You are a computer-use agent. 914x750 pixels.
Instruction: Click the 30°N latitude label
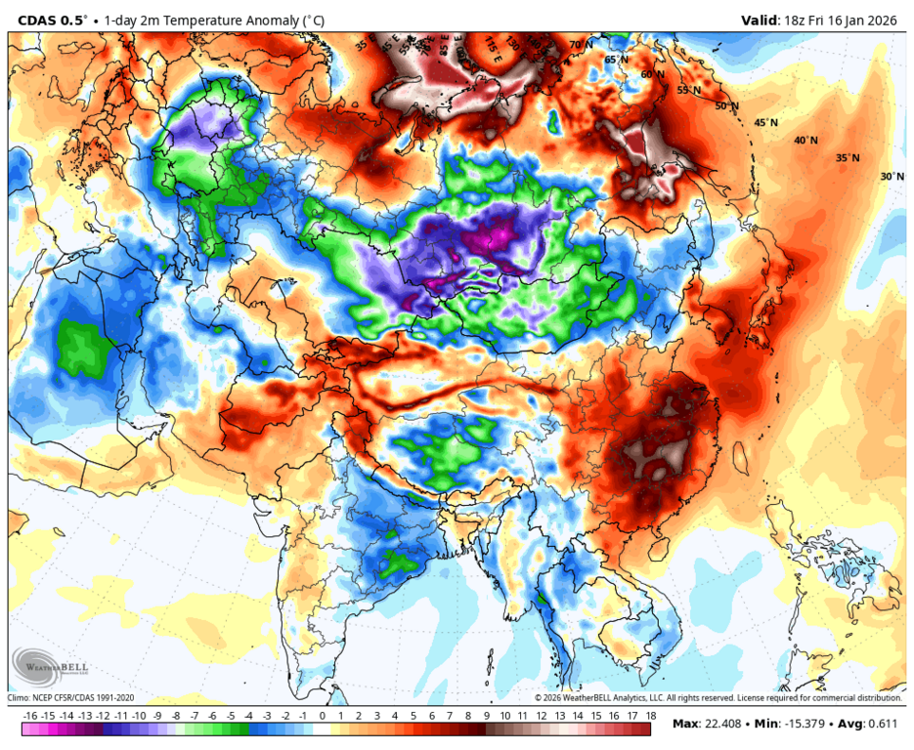[x=891, y=177]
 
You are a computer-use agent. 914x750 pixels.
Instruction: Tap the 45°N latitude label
[x=765, y=123]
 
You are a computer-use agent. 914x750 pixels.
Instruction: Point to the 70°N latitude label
[x=581, y=45]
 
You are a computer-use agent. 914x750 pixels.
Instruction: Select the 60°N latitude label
[x=652, y=74]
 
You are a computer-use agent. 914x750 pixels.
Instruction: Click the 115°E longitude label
[x=492, y=44]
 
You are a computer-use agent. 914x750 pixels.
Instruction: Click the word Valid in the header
[x=758, y=19]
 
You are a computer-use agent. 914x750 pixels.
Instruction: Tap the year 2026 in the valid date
[x=885, y=19]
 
